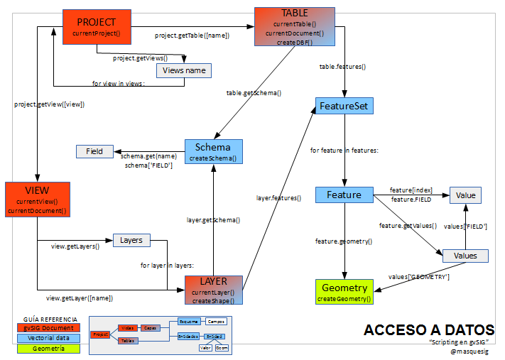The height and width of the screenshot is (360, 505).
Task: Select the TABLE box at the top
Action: [x=295, y=27]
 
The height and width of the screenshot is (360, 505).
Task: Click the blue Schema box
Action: [x=213, y=152]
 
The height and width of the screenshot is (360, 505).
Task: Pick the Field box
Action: [x=94, y=151]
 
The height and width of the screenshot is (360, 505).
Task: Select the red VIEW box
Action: [x=37, y=200]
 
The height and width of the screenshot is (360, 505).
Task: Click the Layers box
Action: [x=131, y=240]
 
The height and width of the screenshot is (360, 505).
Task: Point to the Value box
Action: [x=465, y=195]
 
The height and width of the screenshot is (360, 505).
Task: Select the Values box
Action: [x=465, y=256]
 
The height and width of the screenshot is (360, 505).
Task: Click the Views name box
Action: [x=183, y=71]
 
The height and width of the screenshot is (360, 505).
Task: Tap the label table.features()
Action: [x=342, y=66]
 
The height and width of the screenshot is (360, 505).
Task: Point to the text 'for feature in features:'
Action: [x=344, y=151]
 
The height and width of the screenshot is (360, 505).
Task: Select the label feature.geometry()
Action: [x=344, y=241]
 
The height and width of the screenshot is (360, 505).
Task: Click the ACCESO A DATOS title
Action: [x=429, y=330]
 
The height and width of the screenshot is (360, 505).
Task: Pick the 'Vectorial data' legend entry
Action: [x=48, y=338]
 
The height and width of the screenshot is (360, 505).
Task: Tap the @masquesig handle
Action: [x=472, y=351]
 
